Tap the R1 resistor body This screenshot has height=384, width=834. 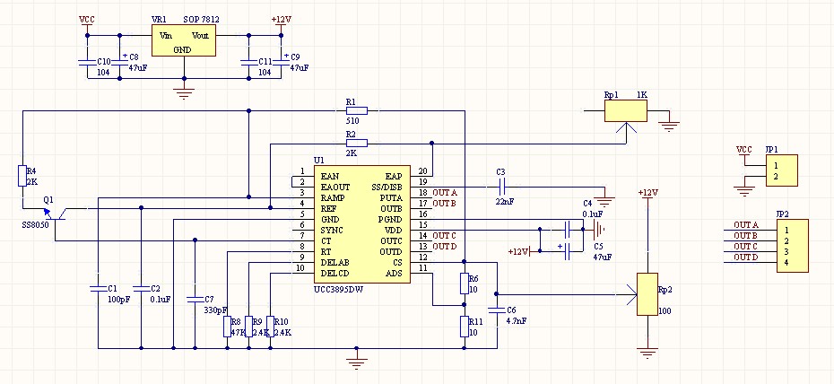[356, 110]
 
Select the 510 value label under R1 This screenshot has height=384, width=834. [352, 121]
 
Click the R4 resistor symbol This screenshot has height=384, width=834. [22, 176]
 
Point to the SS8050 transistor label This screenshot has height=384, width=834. [35, 225]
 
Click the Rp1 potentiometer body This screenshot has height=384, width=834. [626, 111]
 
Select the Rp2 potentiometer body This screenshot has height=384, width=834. [647, 294]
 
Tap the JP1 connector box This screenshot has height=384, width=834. [781, 170]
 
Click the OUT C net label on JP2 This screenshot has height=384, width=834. [745, 246]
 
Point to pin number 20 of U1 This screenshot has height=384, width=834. [423, 171]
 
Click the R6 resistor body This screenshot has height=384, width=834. [464, 283]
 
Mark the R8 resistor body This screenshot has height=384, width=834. [227, 327]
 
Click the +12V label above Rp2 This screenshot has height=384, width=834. [647, 193]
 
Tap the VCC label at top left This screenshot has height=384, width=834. [87, 19]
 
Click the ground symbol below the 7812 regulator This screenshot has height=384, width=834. [184, 94]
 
